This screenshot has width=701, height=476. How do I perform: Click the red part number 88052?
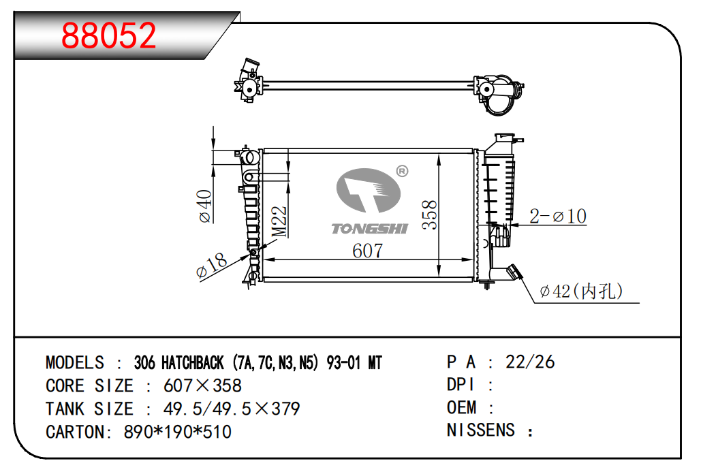tap(108, 35)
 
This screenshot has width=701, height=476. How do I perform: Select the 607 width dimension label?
tap(367, 251)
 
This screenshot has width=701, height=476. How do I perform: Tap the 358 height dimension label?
tap(429, 215)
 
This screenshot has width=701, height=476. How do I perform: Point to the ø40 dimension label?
tap(205, 206)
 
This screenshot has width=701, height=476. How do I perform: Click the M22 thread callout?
tap(279, 221)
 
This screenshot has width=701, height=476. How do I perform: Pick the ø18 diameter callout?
tap(212, 266)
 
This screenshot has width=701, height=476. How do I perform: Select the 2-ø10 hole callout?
tap(557, 217)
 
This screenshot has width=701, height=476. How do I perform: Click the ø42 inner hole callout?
tap(581, 291)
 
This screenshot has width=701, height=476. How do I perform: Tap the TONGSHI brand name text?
tap(370, 229)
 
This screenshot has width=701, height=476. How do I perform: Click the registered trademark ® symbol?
tap(403, 171)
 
